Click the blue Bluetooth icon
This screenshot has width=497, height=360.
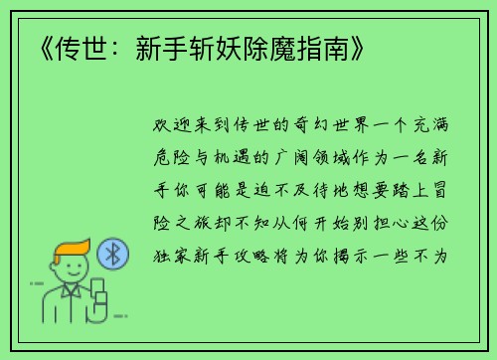tap(113, 256)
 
